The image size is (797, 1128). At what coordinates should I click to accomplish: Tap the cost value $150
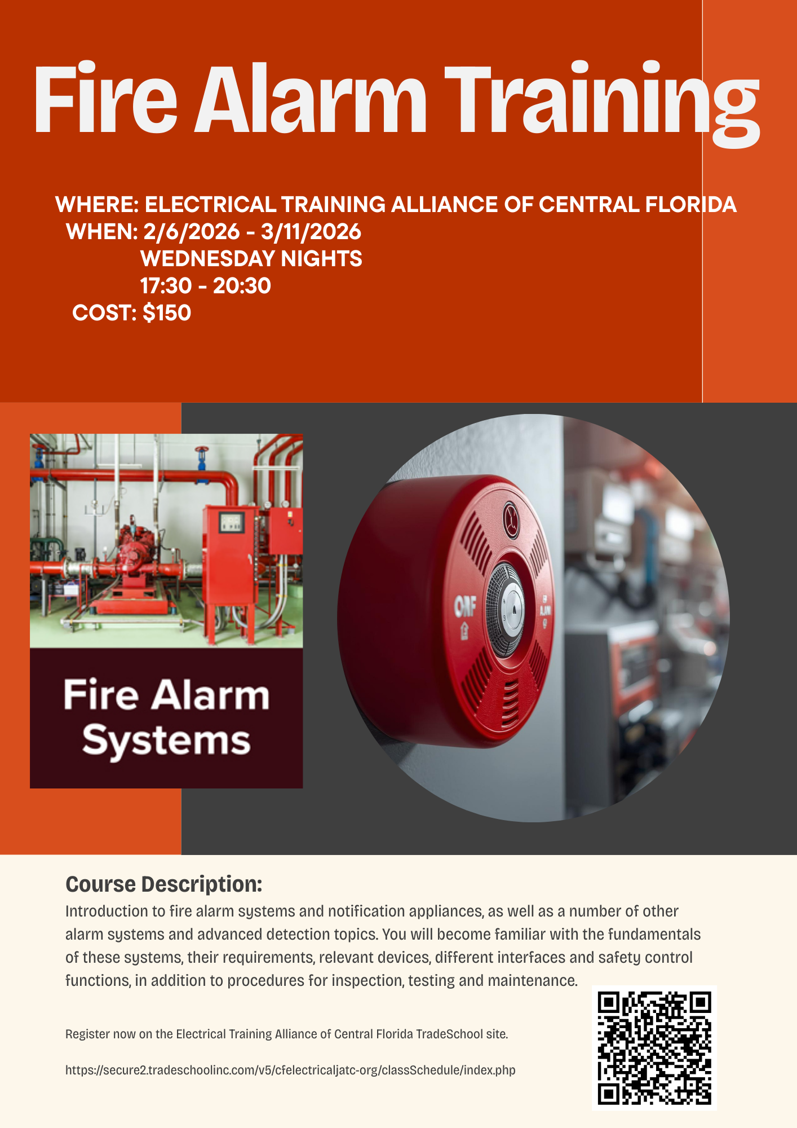(167, 312)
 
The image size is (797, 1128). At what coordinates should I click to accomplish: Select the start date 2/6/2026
(192, 231)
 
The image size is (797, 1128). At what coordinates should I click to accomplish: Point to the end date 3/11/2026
(311, 231)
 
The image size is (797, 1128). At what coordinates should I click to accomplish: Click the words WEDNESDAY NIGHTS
(251, 258)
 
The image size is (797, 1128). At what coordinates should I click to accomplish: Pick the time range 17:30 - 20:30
(205, 285)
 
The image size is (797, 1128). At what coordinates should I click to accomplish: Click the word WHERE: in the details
(97, 204)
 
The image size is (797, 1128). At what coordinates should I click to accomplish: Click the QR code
(654, 1048)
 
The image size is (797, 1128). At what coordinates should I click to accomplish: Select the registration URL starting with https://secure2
(290, 1070)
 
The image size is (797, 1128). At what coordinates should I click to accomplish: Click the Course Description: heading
(164, 884)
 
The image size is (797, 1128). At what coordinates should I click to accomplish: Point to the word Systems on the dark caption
(166, 741)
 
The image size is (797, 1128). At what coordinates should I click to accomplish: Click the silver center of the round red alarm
(513, 609)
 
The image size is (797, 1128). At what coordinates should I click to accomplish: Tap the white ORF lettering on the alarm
(466, 607)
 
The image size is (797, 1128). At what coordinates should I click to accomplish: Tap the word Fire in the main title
(106, 99)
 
